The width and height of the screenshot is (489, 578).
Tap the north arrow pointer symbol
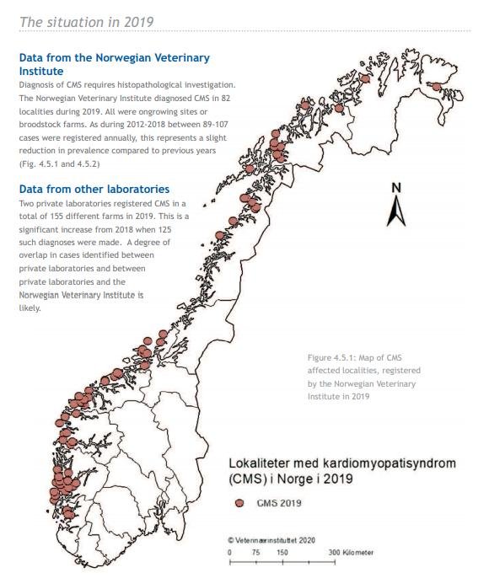pos(396,211)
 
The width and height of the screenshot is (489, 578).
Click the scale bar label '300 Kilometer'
pos(353,552)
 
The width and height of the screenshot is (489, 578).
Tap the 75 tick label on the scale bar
pos(255,552)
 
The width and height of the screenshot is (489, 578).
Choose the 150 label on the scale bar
pos(282,552)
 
